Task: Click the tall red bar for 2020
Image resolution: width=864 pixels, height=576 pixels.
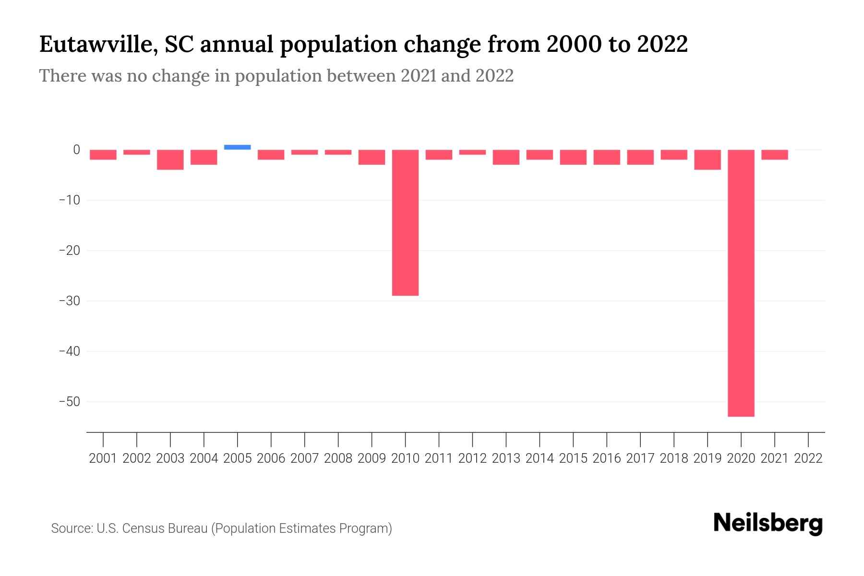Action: pos(741,283)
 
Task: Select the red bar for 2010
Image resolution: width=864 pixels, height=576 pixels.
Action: pos(405,223)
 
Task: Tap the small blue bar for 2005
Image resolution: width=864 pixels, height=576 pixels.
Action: pos(237,147)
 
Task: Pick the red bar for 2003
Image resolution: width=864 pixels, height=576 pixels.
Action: pos(170,159)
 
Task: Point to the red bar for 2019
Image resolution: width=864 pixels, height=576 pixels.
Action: pos(707,159)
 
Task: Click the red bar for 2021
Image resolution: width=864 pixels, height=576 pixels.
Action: pos(774,155)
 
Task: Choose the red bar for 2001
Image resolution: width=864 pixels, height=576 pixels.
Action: pos(103,155)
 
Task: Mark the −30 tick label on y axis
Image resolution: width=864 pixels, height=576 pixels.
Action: pos(69,301)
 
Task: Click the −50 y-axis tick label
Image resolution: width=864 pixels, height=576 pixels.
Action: pos(69,401)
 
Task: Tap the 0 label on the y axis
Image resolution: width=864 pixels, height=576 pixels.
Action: pos(76,150)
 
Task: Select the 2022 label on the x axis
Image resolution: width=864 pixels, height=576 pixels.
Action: pos(808,458)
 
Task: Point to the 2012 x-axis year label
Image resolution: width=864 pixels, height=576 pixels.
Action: pos(472,458)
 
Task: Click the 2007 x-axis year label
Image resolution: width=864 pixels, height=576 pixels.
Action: pos(304,458)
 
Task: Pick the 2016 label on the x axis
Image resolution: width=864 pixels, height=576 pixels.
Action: pos(607,458)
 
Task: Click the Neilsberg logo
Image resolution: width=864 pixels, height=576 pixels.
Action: pos(768,523)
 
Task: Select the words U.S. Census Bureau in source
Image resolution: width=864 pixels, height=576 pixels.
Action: pos(152,528)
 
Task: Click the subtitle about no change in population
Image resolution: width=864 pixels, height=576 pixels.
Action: pos(276,76)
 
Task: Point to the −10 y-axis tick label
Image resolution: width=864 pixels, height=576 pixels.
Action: pos(69,200)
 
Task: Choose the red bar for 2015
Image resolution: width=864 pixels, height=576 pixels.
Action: pos(573,157)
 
